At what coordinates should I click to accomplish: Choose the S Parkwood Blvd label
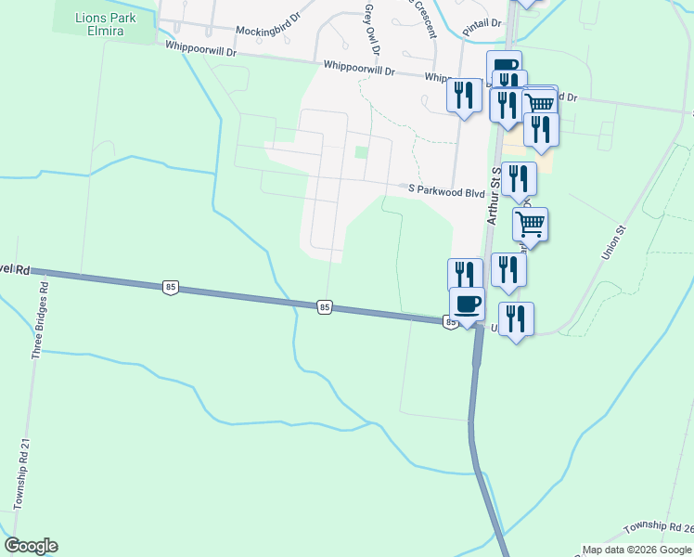point(447,189)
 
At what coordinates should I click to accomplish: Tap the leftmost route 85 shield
point(169,288)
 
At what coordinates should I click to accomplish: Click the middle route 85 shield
point(324,306)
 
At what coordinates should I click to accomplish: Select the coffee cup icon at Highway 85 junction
point(468,304)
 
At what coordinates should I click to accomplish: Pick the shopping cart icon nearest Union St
point(530,223)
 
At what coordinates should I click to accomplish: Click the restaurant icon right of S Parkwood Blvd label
point(519,177)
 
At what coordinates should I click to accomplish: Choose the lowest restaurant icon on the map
point(516,318)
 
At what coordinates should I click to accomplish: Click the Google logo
point(31,546)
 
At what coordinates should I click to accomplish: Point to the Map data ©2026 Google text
point(636,550)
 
